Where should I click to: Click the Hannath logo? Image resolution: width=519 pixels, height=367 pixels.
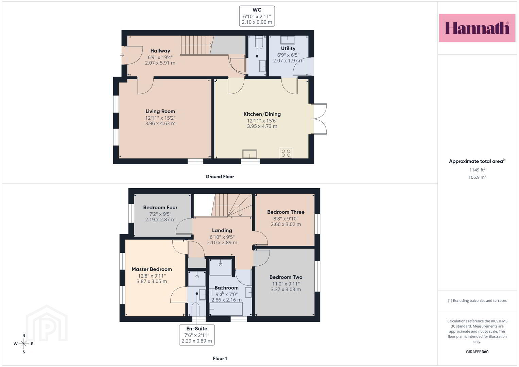tap(477, 28)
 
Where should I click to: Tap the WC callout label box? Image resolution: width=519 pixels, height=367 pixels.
tap(257, 16)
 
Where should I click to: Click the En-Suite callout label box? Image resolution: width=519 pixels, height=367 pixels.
tap(197, 335)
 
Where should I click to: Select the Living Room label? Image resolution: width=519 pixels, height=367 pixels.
tap(160, 111)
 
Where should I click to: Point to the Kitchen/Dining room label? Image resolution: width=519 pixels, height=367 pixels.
tap(262, 114)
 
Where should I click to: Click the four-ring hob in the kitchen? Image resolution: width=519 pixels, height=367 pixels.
tap(286, 153)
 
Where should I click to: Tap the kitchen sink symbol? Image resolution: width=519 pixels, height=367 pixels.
tap(250, 154)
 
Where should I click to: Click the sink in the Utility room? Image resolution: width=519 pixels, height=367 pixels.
tap(288, 40)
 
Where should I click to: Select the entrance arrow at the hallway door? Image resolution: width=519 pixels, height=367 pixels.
tap(122, 55)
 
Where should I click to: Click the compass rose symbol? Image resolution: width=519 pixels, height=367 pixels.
tap(24, 344)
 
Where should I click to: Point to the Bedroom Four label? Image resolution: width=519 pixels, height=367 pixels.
tap(160, 207)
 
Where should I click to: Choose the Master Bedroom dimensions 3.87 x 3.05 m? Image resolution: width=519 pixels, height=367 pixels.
tap(152, 281)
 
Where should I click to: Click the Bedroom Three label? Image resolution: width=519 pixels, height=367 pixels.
tap(286, 212)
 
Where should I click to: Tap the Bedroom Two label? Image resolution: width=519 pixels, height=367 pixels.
tap(286, 277)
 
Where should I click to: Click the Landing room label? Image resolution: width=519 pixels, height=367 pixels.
tap(222, 230)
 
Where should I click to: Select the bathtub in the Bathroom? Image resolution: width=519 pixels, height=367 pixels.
tap(226, 309)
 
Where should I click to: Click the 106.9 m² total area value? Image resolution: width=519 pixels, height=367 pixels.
tap(477, 177)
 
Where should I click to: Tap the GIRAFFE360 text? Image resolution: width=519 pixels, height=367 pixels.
tap(477, 352)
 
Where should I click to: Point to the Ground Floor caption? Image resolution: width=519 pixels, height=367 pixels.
tap(220, 177)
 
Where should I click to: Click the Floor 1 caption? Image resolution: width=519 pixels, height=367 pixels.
tap(220, 359)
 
